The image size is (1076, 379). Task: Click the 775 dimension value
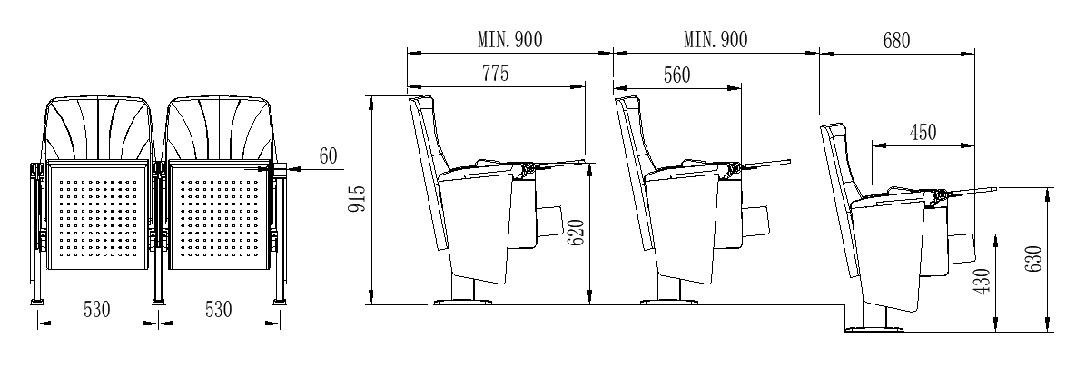(494, 73)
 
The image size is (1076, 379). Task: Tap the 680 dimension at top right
(895, 40)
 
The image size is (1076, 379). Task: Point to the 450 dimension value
(923, 132)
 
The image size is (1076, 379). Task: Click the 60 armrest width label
(327, 156)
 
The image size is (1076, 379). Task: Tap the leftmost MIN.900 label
(510, 40)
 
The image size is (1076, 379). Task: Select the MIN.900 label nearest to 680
(716, 40)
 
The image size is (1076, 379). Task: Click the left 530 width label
(96, 309)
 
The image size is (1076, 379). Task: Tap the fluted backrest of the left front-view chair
(98, 127)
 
